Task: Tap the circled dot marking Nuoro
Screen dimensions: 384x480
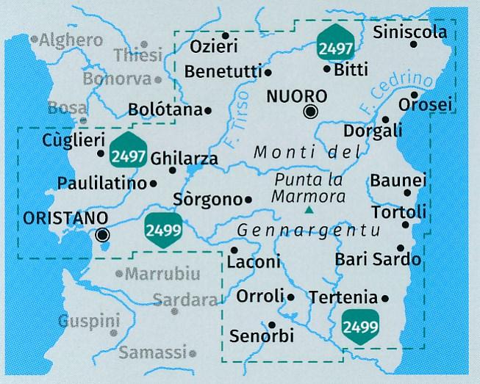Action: (311, 112)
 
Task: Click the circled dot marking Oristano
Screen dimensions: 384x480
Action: (103, 235)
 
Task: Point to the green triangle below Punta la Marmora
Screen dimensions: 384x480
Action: (309, 211)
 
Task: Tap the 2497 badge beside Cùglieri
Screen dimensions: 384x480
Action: (126, 151)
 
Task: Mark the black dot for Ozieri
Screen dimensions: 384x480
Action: (226, 35)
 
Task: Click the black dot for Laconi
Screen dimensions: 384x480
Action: (234, 250)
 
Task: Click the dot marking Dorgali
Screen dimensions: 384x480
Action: (385, 119)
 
